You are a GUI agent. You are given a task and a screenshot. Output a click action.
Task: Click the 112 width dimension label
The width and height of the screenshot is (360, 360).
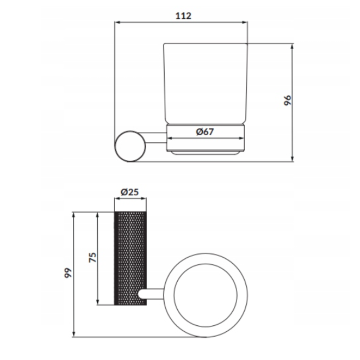[183, 16]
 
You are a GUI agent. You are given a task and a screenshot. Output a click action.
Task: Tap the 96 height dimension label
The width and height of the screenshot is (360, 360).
[287, 100]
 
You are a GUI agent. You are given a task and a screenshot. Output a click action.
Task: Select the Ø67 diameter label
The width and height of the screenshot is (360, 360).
[205, 131]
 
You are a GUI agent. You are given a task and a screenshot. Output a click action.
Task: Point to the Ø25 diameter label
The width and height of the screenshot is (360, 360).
[130, 192]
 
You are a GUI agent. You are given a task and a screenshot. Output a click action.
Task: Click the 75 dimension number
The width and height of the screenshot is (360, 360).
[93, 257]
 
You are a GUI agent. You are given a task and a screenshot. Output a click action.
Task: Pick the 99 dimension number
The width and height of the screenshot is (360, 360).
[68, 273]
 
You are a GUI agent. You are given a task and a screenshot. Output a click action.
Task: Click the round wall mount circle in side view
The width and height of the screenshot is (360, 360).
[130, 146]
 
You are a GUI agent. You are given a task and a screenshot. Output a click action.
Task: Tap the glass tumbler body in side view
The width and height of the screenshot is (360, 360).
[206, 84]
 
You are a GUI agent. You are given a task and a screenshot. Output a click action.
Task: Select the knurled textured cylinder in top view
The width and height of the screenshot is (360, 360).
[130, 258]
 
